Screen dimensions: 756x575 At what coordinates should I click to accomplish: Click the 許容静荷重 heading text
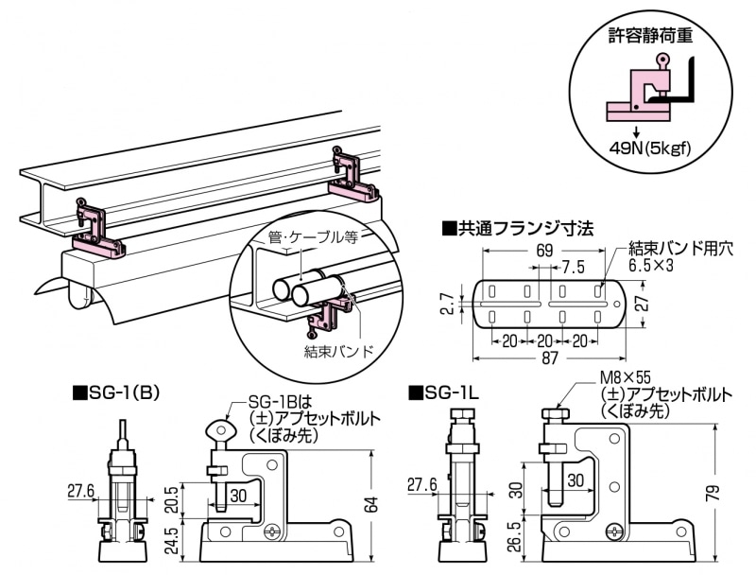coord(650,35)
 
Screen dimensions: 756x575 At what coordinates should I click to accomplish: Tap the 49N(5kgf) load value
coord(649,148)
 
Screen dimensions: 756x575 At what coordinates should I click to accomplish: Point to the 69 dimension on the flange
coord(544,250)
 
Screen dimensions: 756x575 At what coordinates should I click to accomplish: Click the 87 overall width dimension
coord(549,357)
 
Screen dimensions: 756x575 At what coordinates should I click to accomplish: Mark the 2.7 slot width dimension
coord(448,305)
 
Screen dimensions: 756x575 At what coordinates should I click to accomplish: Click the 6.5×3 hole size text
coord(650,265)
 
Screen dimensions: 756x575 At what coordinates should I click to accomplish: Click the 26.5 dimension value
coord(515,537)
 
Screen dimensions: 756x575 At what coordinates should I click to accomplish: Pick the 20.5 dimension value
coord(172,499)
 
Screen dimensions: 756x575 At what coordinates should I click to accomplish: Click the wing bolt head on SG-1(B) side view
coord(220,430)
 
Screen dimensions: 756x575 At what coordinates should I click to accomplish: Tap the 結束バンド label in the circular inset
coord(339,351)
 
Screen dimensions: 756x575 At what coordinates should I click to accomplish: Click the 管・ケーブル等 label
coord(313,237)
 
